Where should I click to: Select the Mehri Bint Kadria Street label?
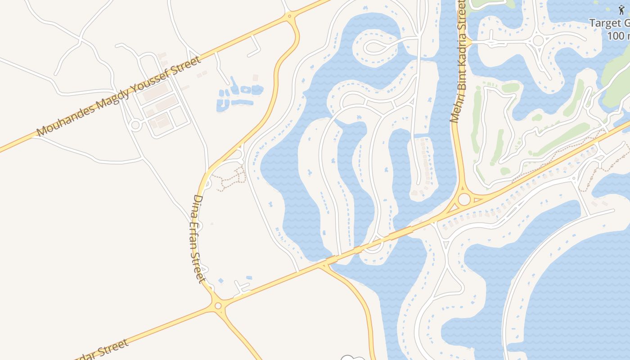coord(459,61)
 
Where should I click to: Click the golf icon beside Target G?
coord(621,9)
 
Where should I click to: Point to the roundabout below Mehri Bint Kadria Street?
coord(464,199)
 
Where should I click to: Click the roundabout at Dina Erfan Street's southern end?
coord(218,306)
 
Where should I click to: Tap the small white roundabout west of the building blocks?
coord(135,125)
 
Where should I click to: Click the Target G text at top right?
coord(609,23)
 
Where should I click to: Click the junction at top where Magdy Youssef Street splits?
coord(290,17)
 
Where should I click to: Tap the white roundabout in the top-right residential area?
coord(538,40)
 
